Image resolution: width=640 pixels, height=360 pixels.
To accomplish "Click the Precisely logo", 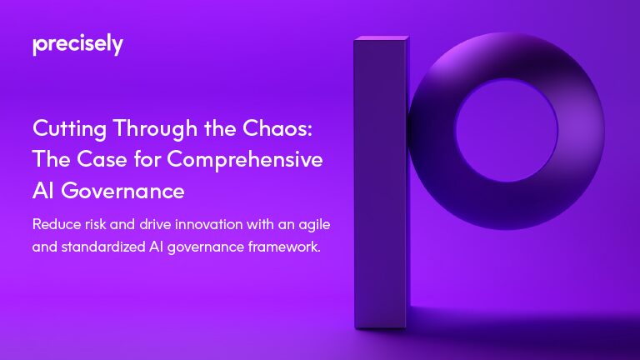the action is point(77,44).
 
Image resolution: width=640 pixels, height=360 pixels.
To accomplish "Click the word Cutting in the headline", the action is point(70,129).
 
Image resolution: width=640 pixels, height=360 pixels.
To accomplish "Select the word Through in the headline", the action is point(155,129).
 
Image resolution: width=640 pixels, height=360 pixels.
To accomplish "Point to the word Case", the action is point(102,159).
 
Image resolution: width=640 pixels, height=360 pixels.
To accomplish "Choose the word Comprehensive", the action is point(245,160).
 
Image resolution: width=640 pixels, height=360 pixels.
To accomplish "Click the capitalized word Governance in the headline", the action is point(122,191).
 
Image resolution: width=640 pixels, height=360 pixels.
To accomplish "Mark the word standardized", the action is point(103,247).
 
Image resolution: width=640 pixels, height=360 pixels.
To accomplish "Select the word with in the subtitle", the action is point(260,224).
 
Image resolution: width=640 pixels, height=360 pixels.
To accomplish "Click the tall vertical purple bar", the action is point(381,182).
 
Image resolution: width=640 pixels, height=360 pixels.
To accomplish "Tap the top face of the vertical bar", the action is point(382,38).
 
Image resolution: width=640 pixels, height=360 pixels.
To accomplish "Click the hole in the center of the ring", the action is point(507,130).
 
